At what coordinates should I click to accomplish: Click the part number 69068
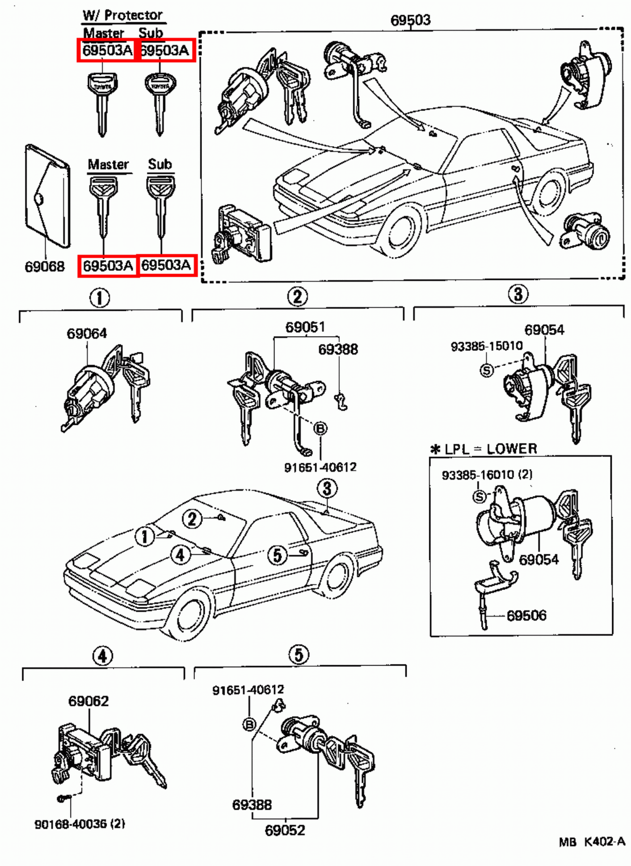click(44, 266)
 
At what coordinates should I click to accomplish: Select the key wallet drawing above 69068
click(48, 196)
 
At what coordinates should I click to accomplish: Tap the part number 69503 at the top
click(410, 20)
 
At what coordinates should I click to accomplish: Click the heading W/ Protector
click(123, 15)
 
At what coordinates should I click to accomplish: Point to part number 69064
click(87, 333)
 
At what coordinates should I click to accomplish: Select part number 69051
click(305, 327)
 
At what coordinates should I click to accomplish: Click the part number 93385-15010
click(487, 346)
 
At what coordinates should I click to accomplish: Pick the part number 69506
click(526, 615)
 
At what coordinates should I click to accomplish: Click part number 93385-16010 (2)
click(487, 475)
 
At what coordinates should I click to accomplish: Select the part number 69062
click(88, 701)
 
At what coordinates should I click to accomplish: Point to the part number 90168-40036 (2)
click(80, 824)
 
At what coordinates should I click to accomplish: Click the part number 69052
click(285, 830)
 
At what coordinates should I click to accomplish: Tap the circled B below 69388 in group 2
click(320, 429)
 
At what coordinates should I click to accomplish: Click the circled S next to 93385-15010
click(487, 370)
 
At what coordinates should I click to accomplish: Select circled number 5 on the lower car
click(277, 555)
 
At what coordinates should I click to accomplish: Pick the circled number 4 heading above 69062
click(102, 656)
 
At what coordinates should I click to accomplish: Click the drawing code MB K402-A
click(591, 842)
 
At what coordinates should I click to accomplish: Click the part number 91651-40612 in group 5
click(248, 690)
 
